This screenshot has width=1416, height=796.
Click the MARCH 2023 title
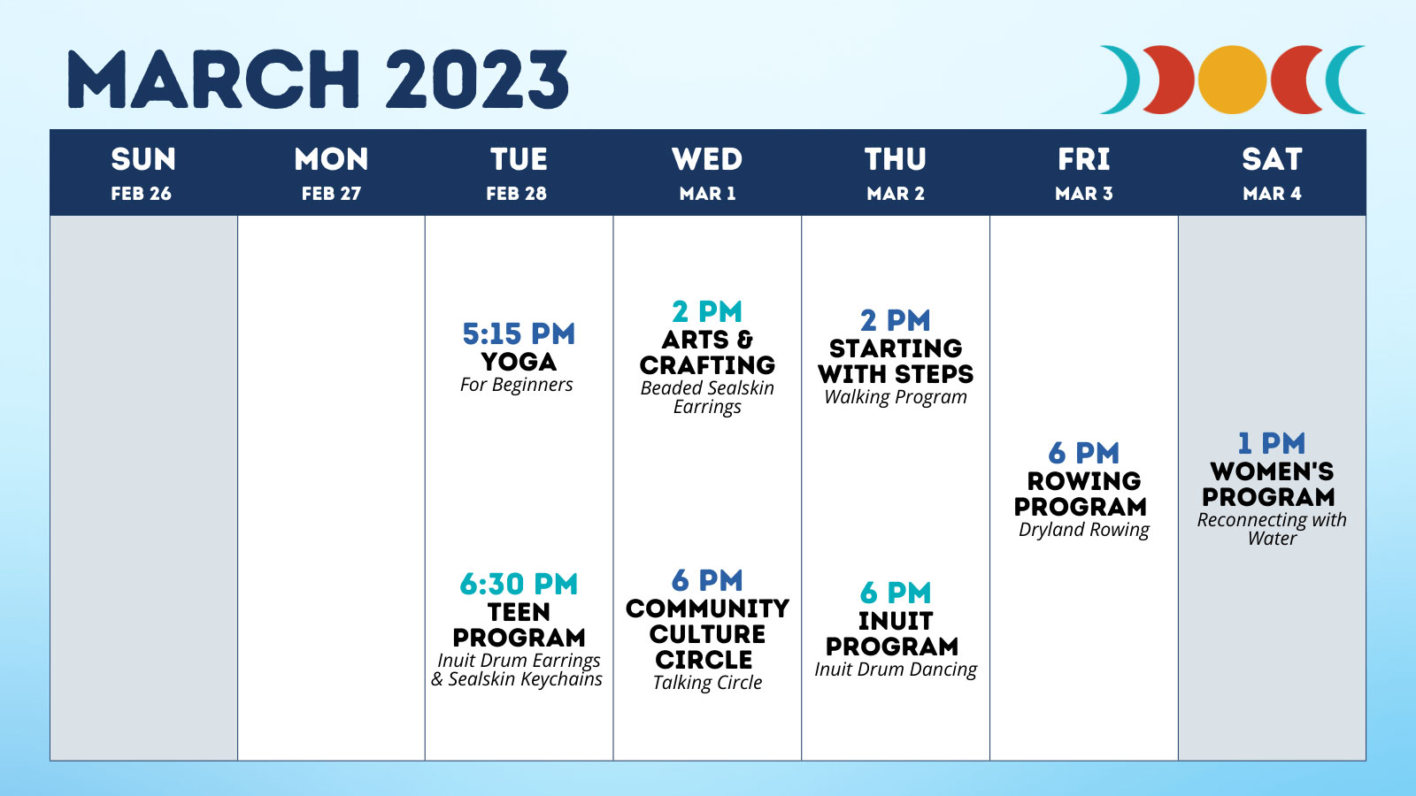coord(318,80)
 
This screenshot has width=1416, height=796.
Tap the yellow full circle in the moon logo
coord(1232,80)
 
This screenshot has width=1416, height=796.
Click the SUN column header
coord(143,159)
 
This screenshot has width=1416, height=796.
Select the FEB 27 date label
coord(331,194)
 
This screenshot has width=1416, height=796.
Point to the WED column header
coord(707,159)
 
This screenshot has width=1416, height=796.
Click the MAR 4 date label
coord(1272,194)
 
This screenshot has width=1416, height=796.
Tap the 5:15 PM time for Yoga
coord(519,333)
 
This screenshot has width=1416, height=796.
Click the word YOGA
coord(519,362)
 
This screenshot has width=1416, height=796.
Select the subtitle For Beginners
coord(517,384)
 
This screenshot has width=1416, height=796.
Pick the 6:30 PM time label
coord(519,584)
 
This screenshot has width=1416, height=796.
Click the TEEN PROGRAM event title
coord(519,624)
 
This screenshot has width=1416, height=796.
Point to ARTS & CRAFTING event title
coord(707,353)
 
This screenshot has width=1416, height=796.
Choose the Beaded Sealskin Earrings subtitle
coord(707,397)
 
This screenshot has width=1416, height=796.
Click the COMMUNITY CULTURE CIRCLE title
coord(707,633)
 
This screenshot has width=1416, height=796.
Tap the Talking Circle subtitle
coord(707,682)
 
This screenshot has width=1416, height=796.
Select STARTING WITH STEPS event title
coord(896,361)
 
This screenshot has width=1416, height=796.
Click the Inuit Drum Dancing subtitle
coord(896,669)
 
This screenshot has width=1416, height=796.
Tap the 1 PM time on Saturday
coord(1271,443)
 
